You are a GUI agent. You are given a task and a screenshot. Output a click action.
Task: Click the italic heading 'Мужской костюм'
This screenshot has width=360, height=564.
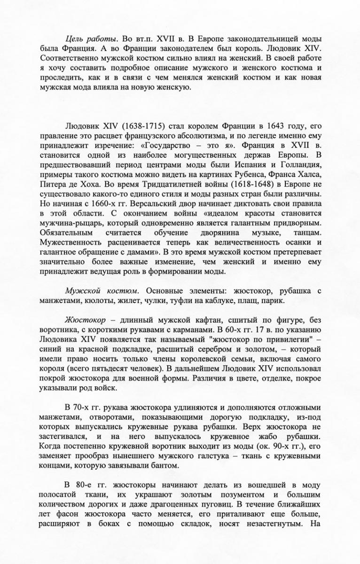click(96, 291)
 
